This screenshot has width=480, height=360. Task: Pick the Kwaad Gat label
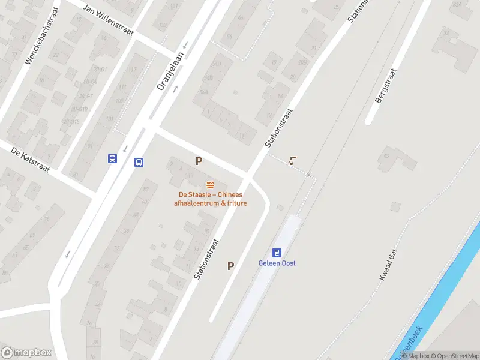point(389,266)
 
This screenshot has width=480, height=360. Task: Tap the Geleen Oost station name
point(277,263)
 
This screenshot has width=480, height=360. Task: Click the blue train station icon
point(277,253)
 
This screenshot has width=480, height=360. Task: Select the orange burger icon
point(210,185)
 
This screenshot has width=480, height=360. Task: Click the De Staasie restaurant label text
point(210,199)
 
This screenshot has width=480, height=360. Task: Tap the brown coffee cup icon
point(293,161)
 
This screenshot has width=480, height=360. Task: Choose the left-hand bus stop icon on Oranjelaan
point(112,158)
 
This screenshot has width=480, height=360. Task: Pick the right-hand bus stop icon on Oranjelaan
point(139,161)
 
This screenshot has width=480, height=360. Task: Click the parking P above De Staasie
point(199,161)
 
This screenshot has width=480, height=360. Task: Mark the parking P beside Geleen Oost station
point(230,266)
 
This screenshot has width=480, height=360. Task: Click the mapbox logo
point(26,353)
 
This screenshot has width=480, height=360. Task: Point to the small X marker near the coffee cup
point(309,175)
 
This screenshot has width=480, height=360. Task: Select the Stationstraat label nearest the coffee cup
point(278,128)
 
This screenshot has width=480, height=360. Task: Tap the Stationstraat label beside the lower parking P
point(206,259)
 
